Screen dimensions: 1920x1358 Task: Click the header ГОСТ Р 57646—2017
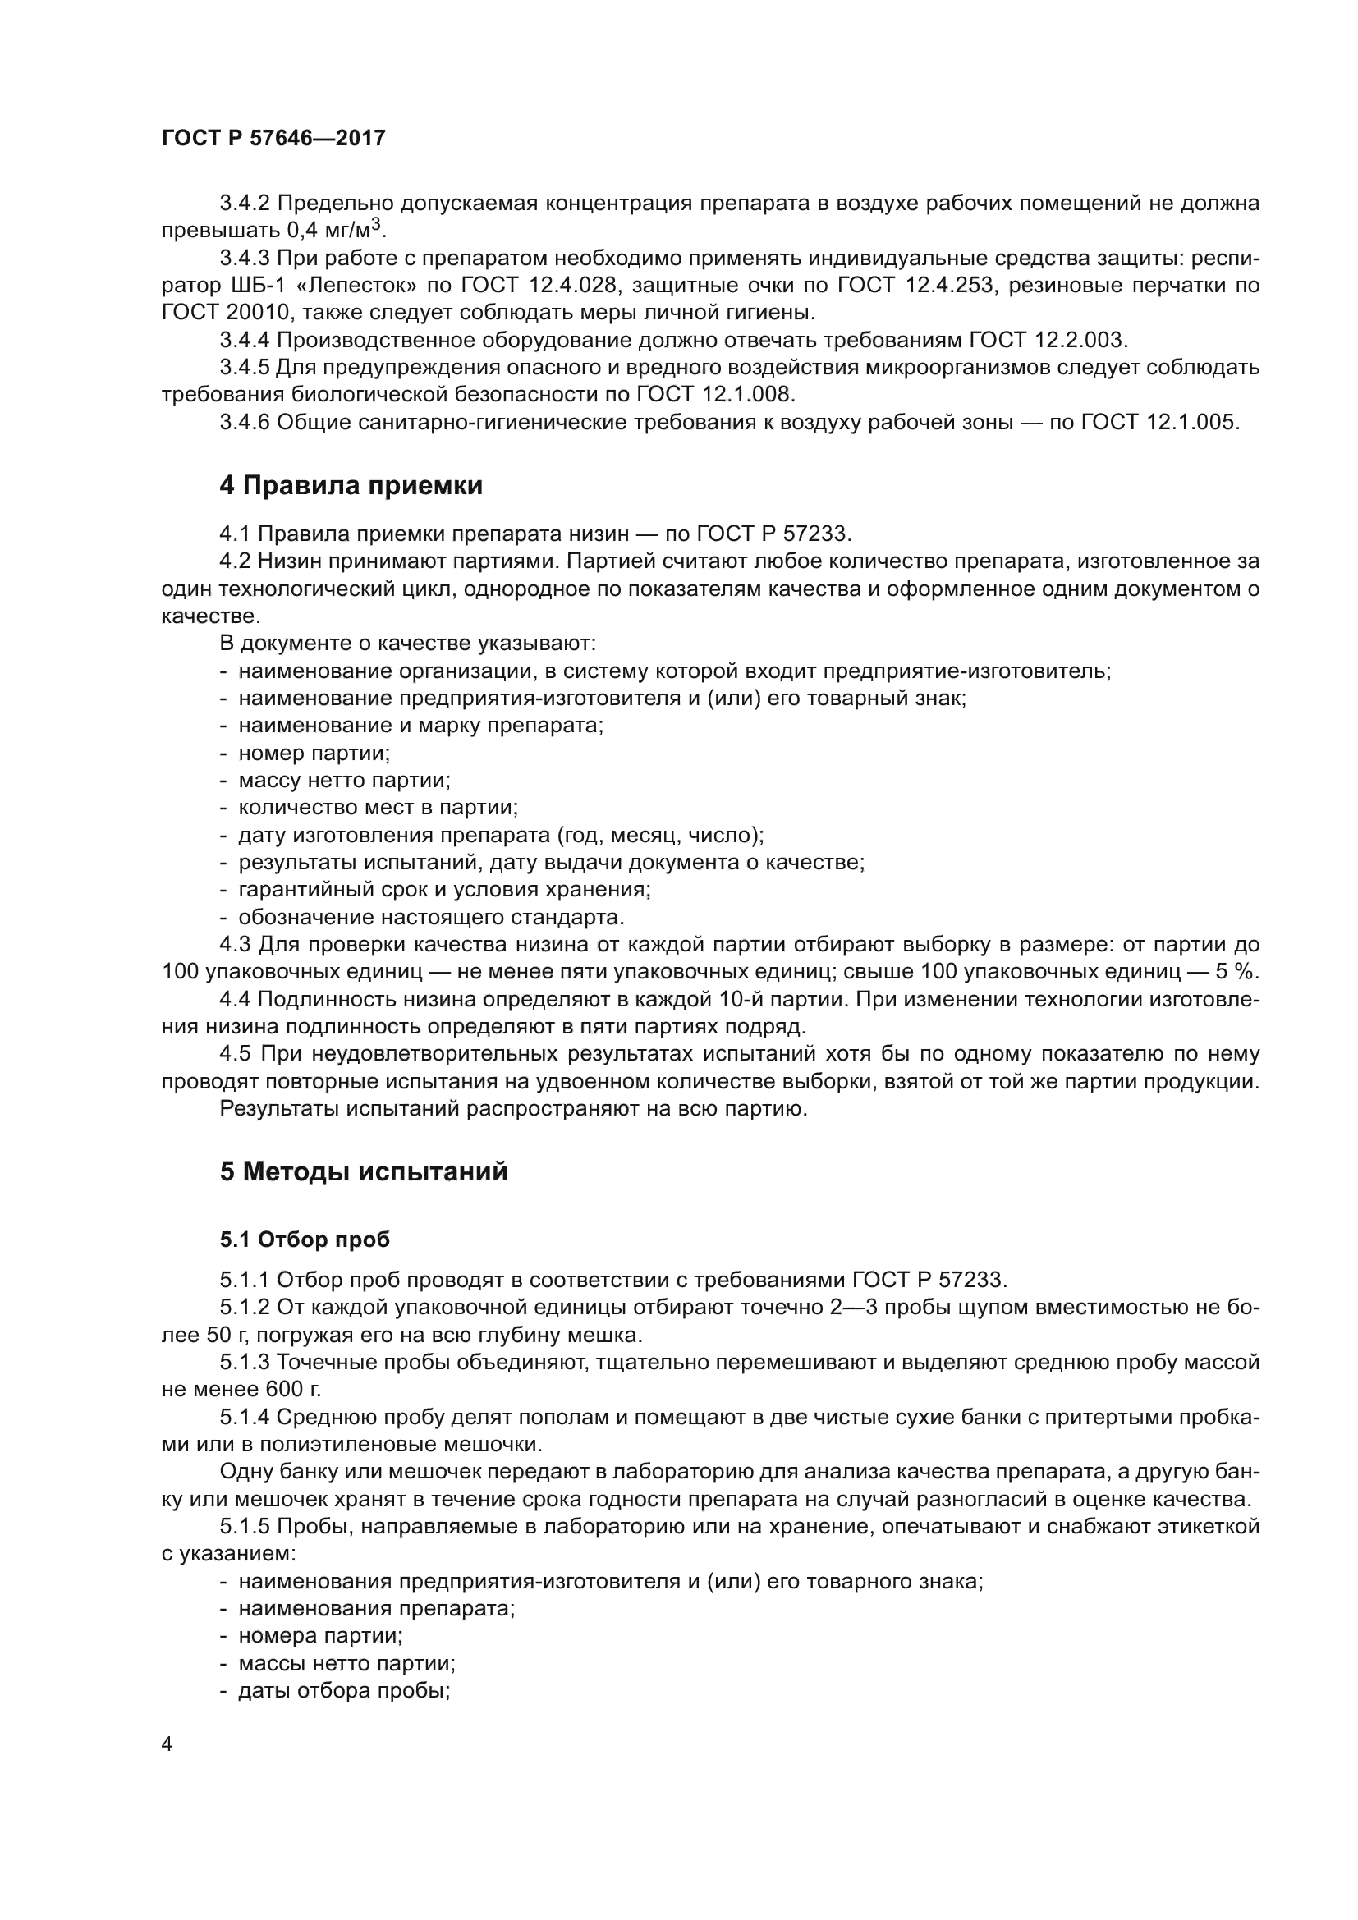tap(273, 139)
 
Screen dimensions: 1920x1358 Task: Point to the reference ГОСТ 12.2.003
tap(1048, 341)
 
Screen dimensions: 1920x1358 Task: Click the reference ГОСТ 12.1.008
tap(716, 395)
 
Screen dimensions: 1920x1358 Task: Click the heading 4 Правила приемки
tap(351, 486)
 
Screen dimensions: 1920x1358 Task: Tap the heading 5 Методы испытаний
tap(364, 1171)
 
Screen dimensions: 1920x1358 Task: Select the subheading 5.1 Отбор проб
tap(305, 1240)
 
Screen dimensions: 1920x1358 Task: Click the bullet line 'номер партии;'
tap(314, 754)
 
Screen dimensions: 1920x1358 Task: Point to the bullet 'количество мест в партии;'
tap(378, 808)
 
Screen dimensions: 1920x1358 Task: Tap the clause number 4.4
tap(235, 999)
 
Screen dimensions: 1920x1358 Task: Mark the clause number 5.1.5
tap(245, 1527)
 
